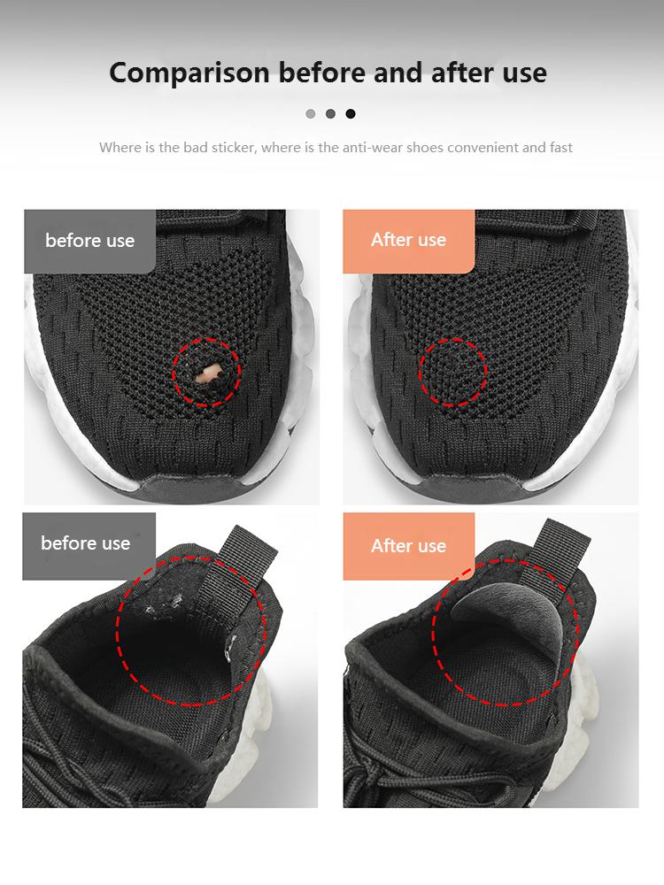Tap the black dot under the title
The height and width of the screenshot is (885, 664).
click(x=351, y=113)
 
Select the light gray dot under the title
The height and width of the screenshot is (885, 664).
click(x=310, y=113)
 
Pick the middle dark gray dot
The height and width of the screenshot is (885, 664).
click(x=330, y=113)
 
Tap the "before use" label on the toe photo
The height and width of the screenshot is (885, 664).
click(x=89, y=241)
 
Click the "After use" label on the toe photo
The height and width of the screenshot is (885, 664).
click(x=408, y=240)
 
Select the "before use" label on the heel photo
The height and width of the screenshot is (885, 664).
click(x=86, y=543)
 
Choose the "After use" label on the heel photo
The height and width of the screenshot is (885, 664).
click(x=408, y=545)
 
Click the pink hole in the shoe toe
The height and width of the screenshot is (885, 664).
click(x=208, y=373)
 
